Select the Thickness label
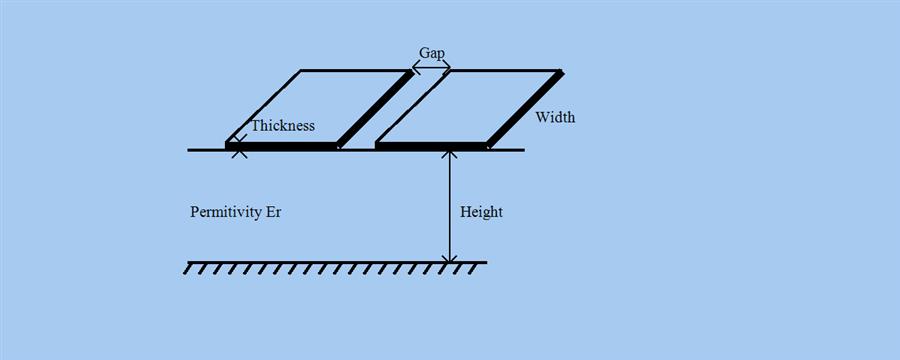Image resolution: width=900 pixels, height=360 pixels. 283,126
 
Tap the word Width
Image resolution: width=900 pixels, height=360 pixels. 555,118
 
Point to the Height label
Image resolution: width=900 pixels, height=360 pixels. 481,213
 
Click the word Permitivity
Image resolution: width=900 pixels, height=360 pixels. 226,213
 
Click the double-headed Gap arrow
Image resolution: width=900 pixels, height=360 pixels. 431,68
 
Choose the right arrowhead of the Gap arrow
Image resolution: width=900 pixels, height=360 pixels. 446,68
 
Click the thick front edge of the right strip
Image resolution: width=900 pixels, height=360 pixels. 431,146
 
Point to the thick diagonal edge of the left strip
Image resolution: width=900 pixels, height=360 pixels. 375,108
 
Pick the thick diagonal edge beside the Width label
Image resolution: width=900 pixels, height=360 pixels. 525,108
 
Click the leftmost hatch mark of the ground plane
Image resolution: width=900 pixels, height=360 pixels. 190,269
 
